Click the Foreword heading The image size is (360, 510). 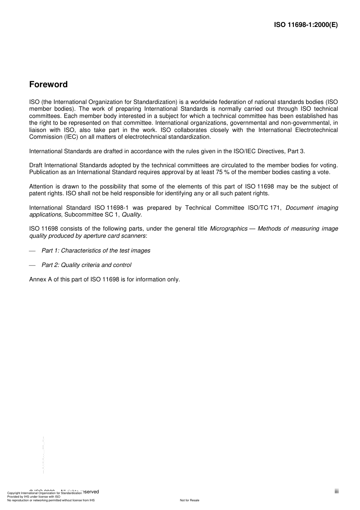click(48, 85)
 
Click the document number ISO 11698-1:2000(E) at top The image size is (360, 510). click(306, 25)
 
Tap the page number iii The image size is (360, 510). click(337, 491)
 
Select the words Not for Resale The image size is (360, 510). click(189, 500)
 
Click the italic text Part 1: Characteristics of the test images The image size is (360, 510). click(96, 251)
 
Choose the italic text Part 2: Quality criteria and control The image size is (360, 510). click(86, 265)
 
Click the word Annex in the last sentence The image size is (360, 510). click(38, 279)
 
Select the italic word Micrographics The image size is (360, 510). click(229, 229)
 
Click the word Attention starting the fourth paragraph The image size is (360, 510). click(42, 187)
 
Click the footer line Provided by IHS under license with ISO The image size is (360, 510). click(34, 496)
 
